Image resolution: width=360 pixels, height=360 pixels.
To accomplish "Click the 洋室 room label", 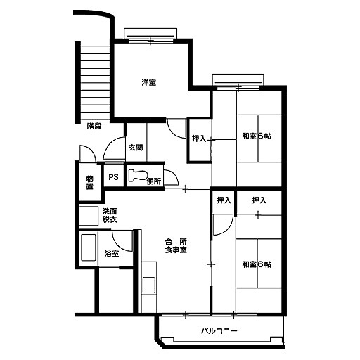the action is (x=149, y=82).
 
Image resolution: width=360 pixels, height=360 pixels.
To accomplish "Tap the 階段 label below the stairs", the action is (x=94, y=127).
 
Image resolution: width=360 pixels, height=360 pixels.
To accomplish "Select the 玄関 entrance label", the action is (x=136, y=148).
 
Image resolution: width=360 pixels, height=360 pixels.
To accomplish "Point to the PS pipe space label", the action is (x=113, y=177).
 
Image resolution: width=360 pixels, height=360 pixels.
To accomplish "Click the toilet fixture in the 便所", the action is (x=138, y=175).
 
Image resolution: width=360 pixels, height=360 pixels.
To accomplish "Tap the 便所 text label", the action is (x=154, y=181).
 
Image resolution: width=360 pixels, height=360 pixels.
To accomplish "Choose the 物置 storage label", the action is (x=90, y=183).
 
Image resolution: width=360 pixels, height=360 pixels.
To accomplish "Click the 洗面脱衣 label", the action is (x=110, y=215).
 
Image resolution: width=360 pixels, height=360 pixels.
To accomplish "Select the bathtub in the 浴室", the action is (x=89, y=247).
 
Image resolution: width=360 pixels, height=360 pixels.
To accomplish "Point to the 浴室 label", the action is (x=112, y=253).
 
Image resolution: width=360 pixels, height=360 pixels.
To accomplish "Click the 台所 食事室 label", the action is (x=176, y=246).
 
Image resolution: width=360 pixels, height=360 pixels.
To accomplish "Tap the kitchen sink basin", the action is (x=149, y=285).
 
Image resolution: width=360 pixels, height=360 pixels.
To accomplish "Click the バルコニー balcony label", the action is (x=219, y=331).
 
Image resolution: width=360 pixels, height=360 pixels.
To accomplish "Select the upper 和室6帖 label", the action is (x=257, y=136).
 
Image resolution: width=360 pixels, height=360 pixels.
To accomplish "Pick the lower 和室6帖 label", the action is (x=257, y=264).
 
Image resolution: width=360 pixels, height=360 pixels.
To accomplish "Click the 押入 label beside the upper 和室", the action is (x=199, y=139).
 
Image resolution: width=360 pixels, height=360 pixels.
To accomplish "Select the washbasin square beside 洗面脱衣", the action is (x=89, y=216).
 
